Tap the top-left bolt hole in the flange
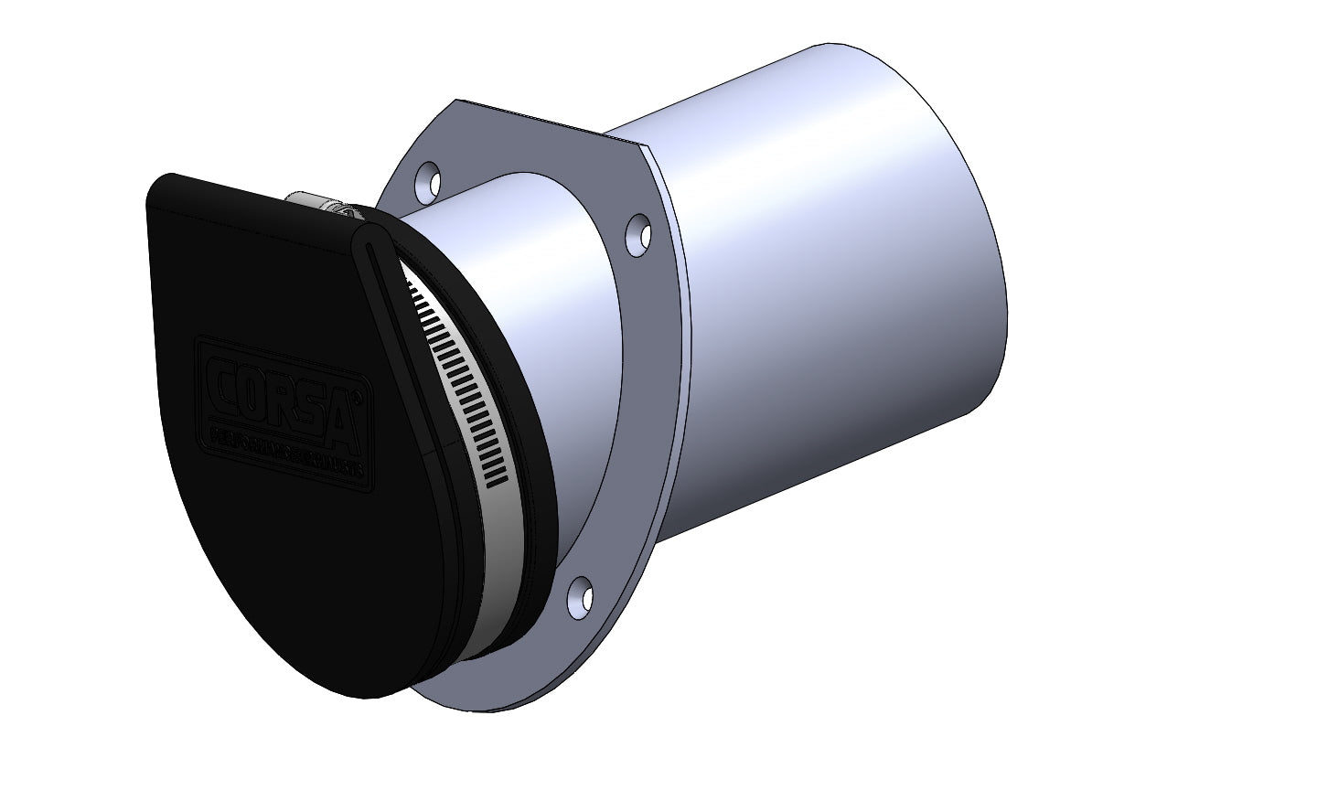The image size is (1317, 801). [428, 179]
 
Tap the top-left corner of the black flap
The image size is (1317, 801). [165, 183]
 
